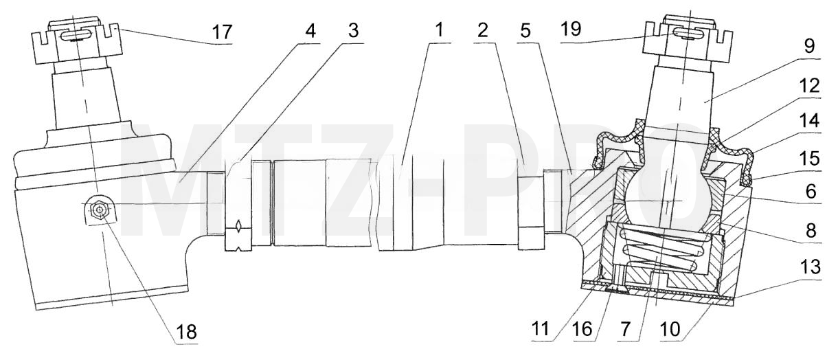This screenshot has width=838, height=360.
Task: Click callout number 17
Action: pos(223,32)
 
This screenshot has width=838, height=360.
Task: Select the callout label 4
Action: pos(310,30)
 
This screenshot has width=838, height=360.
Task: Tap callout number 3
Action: pos(353,30)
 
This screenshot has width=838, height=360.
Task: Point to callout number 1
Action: pos(439,30)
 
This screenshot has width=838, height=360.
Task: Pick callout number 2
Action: pos(483,30)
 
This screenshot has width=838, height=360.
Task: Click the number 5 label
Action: pos(525,30)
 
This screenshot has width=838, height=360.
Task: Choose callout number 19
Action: pos(571,29)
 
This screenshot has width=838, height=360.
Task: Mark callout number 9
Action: pos(809,46)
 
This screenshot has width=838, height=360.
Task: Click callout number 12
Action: pos(810,86)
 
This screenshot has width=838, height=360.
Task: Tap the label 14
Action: pos(810,121)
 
